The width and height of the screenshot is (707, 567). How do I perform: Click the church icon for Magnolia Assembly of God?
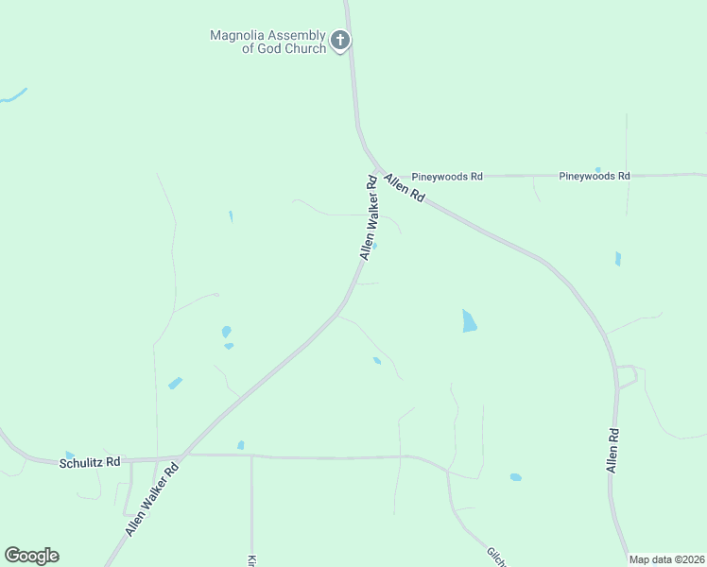coord(340,41)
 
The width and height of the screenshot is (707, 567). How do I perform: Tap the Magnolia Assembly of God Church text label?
coord(267,42)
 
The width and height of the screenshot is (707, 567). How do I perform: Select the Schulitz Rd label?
coord(90,462)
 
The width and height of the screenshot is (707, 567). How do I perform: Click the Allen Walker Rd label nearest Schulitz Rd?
coord(152,501)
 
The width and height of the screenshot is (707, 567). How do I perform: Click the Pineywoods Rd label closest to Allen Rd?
coord(447,176)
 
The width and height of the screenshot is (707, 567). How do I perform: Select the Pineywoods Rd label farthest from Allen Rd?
coord(595,176)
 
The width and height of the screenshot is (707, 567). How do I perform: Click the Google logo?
coord(31,556)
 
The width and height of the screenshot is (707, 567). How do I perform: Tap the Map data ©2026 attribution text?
coord(666,559)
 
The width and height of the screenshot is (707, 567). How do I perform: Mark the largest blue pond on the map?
coord(469,321)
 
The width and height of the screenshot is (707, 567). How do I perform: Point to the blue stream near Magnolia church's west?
coord(13,95)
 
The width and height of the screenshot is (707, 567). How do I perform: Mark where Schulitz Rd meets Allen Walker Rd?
coord(183,455)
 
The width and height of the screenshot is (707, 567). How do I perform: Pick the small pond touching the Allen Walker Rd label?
coord(375,247)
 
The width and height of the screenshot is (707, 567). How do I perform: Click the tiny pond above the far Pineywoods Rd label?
coord(597,169)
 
